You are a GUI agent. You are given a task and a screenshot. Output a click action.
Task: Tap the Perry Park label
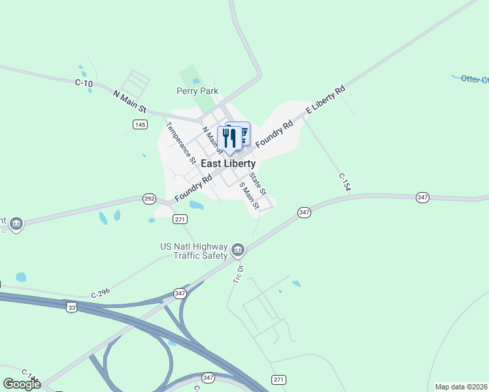197,91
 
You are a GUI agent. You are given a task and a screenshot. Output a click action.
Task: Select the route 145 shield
139,124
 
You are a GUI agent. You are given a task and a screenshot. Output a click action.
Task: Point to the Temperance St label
182,142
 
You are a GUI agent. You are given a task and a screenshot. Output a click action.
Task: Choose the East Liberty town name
228,163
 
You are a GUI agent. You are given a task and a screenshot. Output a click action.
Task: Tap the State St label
258,184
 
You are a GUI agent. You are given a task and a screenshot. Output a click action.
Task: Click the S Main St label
250,196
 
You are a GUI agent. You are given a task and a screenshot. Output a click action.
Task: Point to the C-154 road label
345,182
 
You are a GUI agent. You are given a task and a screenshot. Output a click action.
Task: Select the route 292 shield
150,198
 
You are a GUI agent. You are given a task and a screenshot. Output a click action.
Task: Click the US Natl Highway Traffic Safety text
194,251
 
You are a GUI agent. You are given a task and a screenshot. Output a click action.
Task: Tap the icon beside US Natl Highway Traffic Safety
238,249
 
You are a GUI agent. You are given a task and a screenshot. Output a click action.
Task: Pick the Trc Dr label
239,274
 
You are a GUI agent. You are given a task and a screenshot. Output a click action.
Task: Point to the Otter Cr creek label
475,79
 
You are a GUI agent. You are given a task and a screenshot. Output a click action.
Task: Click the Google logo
22,384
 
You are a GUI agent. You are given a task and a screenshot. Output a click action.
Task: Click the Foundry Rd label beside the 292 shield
194,188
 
